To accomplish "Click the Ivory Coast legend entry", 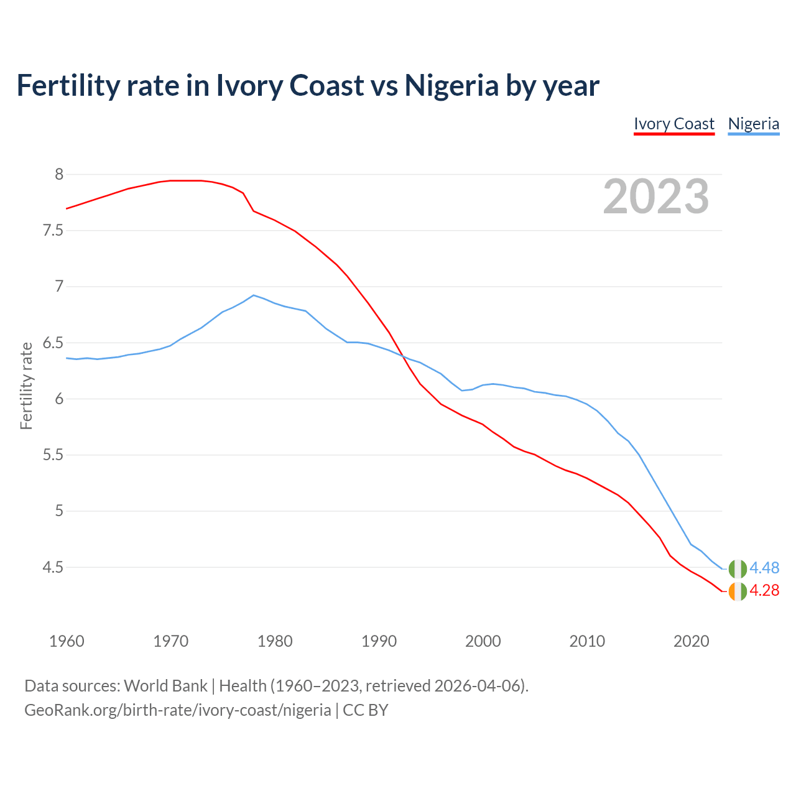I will coord(674,124).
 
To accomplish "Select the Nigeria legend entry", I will coord(753,124).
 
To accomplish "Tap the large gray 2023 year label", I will coord(656,197).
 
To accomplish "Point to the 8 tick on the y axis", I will coord(59,174).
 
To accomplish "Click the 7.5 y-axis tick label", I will coord(52,231).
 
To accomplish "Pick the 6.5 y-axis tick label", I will coord(52,343).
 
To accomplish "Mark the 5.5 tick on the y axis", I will coord(52,455).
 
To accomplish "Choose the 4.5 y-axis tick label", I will coord(52,568).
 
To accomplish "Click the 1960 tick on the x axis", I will coord(67,641).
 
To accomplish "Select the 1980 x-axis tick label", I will coord(275,641).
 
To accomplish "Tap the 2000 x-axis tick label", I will coord(483,641).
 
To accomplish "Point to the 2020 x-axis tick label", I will coord(691,641).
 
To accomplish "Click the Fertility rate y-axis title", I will coord(26,386).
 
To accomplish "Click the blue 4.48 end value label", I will coord(764,568).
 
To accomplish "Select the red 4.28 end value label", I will coord(764,591).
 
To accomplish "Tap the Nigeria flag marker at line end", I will coord(738,568).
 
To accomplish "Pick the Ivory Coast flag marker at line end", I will coord(738,591).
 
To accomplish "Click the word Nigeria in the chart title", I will coord(451,85).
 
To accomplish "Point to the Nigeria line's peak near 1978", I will coord(253,295).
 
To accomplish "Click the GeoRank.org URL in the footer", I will coord(178,710).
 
